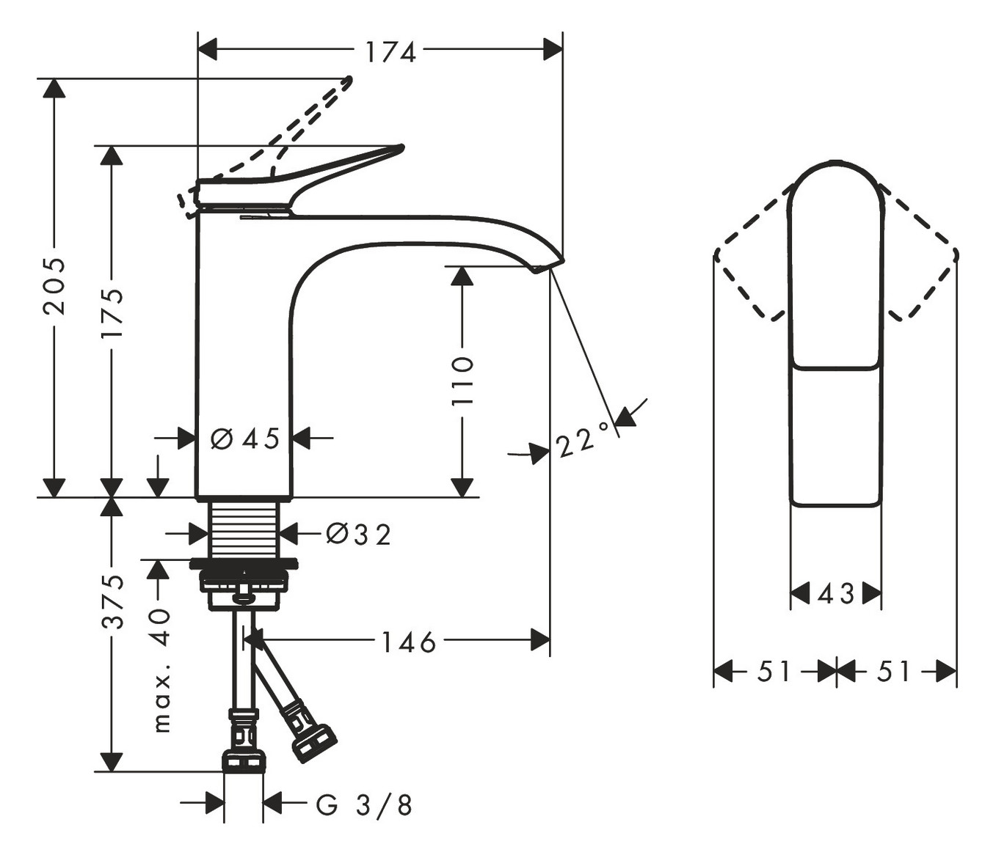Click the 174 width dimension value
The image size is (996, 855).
[x=390, y=53]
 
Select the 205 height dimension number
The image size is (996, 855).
[x=54, y=286]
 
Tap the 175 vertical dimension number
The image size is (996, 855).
[x=112, y=313]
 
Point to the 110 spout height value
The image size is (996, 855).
[x=462, y=381]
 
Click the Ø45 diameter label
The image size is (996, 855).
[x=245, y=438]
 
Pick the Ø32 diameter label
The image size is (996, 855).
[x=358, y=534]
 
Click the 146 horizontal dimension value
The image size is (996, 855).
[x=409, y=642]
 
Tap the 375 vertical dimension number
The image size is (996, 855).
[x=112, y=602]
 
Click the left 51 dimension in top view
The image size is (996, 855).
[x=774, y=671]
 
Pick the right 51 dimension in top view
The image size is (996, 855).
[x=893, y=671]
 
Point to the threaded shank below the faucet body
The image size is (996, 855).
[x=244, y=529]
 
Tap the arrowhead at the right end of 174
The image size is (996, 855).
[x=553, y=50]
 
